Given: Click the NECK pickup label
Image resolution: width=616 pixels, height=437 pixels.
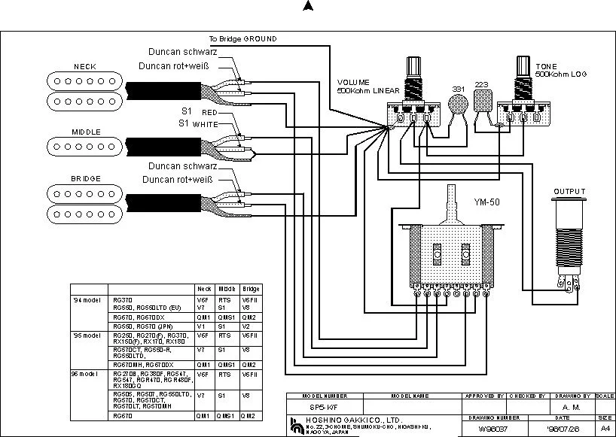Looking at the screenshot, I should [84, 66].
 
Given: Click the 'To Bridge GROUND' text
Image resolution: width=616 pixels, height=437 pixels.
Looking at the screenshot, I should [242, 38].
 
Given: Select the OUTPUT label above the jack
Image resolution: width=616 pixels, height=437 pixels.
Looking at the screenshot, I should [569, 192].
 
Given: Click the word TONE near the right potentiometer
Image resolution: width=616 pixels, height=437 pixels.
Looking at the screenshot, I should [547, 67].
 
